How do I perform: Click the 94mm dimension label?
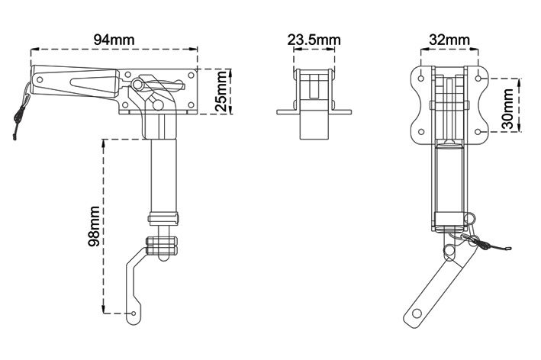click(x=114, y=40)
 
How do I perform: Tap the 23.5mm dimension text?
click(x=314, y=40)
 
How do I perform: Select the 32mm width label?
click(x=449, y=40)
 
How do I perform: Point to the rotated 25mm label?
click(x=221, y=92)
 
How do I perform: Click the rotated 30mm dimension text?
click(x=508, y=108)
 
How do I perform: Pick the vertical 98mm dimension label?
click(x=94, y=227)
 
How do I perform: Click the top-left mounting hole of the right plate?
click(x=421, y=78)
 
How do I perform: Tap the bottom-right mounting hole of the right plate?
click(x=478, y=132)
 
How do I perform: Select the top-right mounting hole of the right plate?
click(x=478, y=79)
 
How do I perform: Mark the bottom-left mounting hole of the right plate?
click(x=421, y=132)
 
